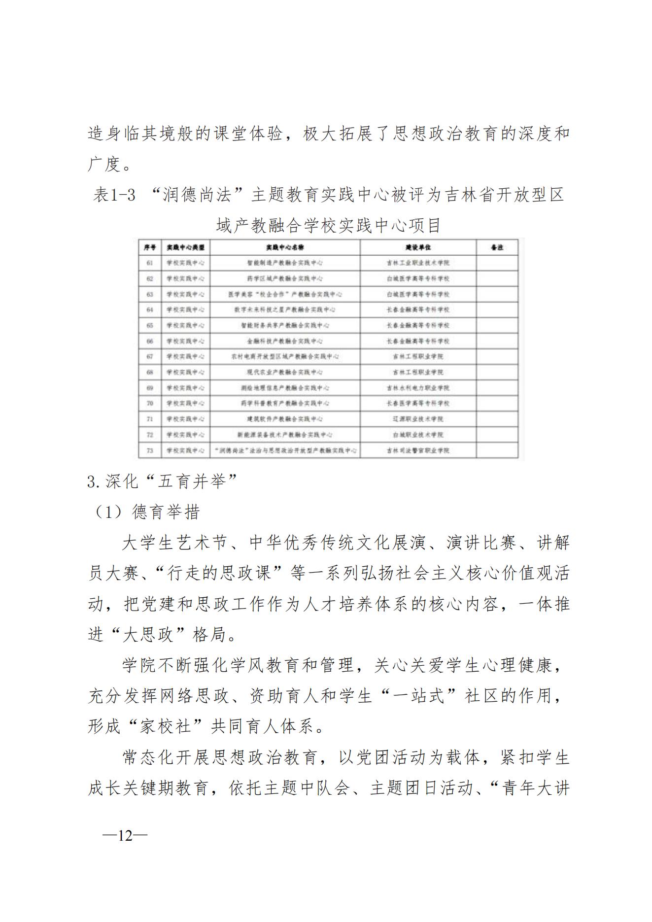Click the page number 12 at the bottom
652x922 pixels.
point(125,835)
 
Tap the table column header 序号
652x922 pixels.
point(150,247)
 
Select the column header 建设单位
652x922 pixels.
point(418,247)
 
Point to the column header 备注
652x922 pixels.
point(497,247)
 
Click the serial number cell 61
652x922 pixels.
point(150,263)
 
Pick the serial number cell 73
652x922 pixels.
point(150,450)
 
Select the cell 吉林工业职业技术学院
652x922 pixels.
point(418,263)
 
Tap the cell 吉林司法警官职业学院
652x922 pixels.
point(418,450)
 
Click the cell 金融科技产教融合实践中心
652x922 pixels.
point(285,341)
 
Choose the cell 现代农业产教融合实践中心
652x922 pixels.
point(285,372)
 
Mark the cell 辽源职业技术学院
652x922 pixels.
point(418,419)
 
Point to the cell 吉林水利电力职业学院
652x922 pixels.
point(418,388)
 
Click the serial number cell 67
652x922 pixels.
point(150,356)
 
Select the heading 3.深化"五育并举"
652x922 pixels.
point(163,481)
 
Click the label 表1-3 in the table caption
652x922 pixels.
point(114,196)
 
